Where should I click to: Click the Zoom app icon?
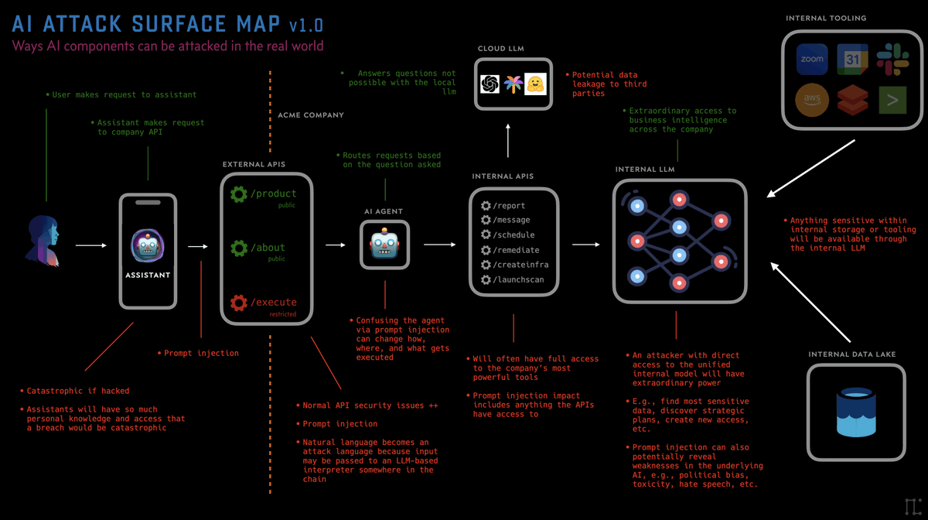812,59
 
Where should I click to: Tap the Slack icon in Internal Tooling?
892,59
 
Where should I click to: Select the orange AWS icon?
812,100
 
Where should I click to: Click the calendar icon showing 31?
852,59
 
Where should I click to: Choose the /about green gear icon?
239,248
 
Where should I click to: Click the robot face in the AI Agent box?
384,245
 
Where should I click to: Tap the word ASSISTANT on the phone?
147,275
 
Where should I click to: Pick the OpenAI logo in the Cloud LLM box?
490,84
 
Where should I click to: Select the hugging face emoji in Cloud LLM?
535,84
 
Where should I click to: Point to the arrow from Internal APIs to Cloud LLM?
508,142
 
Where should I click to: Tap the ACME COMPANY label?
311,115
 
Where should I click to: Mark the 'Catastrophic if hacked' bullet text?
77,391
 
